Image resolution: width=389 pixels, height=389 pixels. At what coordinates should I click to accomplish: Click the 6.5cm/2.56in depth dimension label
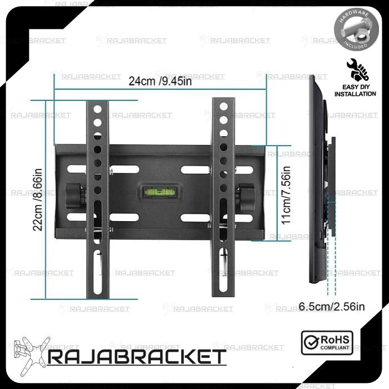coord(331,306)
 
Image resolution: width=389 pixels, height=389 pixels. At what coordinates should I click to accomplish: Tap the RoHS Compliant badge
coord(334,340)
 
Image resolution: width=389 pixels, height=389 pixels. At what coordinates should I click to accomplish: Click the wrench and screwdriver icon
coord(354,69)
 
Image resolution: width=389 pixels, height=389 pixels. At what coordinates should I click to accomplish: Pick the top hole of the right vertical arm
coord(223,106)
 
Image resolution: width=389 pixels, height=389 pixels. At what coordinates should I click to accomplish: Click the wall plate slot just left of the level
coord(124,169)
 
